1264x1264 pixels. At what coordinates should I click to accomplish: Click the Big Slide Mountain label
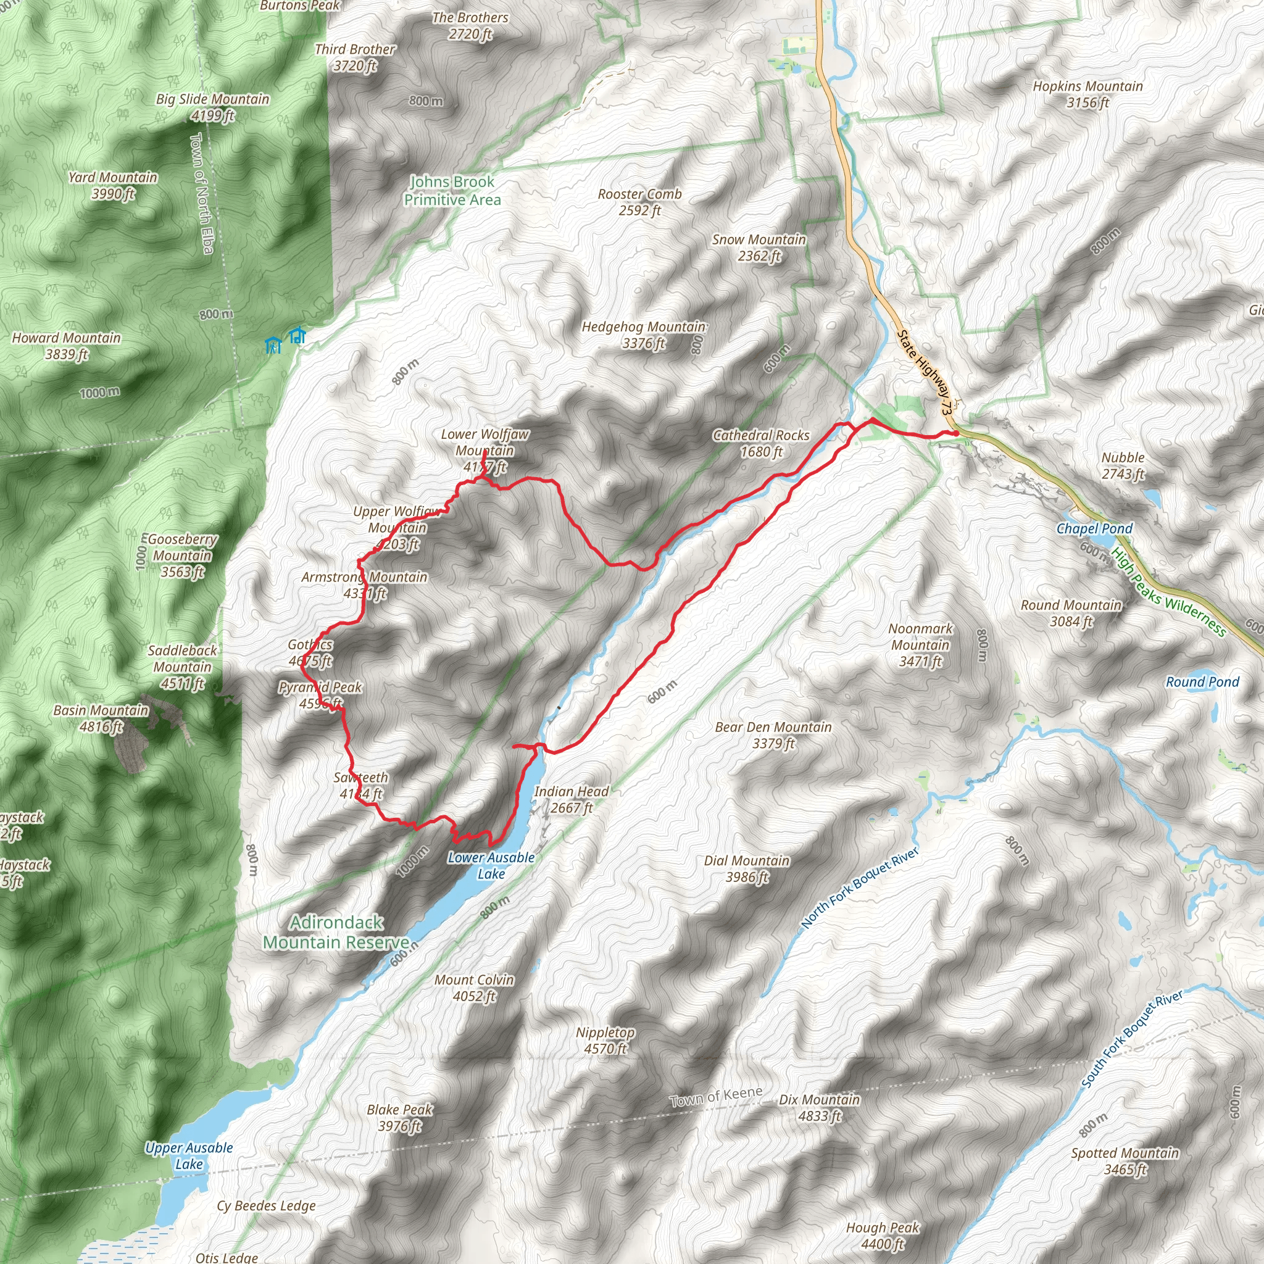click(x=213, y=107)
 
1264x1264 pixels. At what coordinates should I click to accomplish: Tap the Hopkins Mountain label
click(x=1087, y=94)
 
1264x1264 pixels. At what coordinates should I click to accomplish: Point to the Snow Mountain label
click(x=759, y=248)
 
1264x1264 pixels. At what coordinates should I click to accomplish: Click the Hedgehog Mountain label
click(x=644, y=335)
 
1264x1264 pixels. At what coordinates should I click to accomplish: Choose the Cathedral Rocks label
click(x=761, y=443)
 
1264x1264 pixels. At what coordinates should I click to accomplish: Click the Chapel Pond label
click(x=1094, y=529)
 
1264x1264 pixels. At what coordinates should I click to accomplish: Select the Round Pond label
click(x=1202, y=682)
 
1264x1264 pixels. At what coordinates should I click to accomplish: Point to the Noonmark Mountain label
click(x=920, y=644)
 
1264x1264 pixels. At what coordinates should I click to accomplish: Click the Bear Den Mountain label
click(x=773, y=734)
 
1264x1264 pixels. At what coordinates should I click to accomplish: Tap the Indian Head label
click(x=571, y=799)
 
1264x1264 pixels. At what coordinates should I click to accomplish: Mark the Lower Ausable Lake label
click(x=491, y=865)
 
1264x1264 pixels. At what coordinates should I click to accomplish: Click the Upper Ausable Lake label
click(x=189, y=1155)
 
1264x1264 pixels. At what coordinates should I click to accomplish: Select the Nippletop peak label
click(x=605, y=1040)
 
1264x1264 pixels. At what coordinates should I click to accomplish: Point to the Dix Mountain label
click(x=819, y=1108)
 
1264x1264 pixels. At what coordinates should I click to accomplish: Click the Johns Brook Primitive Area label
click(x=452, y=190)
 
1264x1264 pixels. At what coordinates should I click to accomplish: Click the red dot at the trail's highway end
click(x=956, y=433)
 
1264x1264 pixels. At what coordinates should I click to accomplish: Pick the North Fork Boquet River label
click(x=860, y=888)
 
